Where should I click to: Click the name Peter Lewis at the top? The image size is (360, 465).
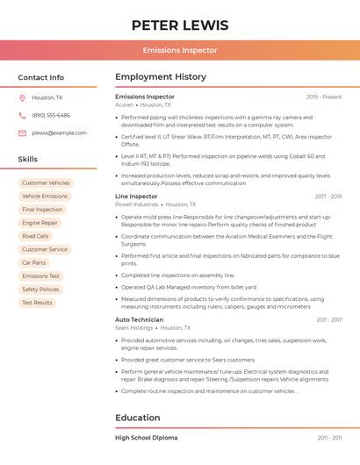coord(180,25)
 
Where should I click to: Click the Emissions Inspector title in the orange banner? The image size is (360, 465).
coord(180,50)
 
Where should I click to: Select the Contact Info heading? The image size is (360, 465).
coord(40,77)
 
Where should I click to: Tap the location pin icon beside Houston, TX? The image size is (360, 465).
coord(22,98)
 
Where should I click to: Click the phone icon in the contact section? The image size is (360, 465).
coord(22,116)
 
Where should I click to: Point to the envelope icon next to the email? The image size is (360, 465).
coord(22,133)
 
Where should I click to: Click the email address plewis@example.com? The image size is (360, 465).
coord(59,133)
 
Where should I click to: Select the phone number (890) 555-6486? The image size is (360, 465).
coord(50,116)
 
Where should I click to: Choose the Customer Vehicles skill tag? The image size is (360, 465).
coord(46,183)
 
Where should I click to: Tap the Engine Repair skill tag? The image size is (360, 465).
coord(40,223)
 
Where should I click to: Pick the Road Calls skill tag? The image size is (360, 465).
coord(36,236)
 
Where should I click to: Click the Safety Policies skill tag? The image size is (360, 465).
coord(40,290)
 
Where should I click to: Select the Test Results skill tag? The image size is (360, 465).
coord(37,303)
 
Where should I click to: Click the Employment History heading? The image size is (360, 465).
coord(161,77)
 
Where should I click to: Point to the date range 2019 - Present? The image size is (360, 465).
coord(324,97)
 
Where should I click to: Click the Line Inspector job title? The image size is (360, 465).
coord(136,197)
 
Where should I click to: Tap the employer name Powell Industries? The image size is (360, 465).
coord(137,204)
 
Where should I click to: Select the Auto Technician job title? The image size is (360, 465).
coord(140,319)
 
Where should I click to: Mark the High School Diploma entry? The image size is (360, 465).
coord(146,437)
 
